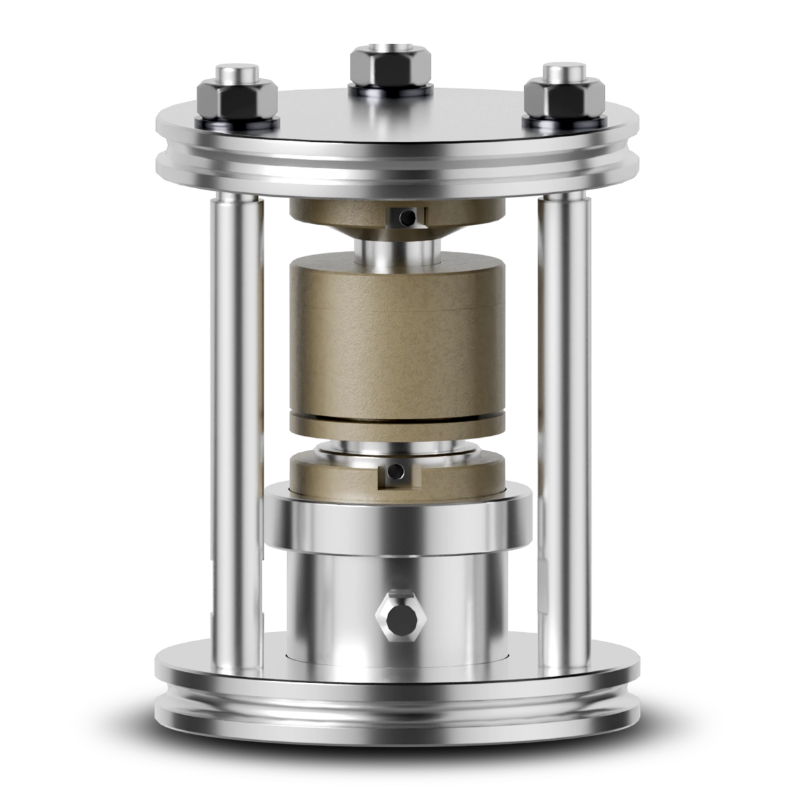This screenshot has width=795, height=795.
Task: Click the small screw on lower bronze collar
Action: [396, 472]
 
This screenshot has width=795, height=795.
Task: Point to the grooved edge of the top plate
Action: [397, 174]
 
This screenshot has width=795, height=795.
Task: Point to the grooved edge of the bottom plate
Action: [397, 712]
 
